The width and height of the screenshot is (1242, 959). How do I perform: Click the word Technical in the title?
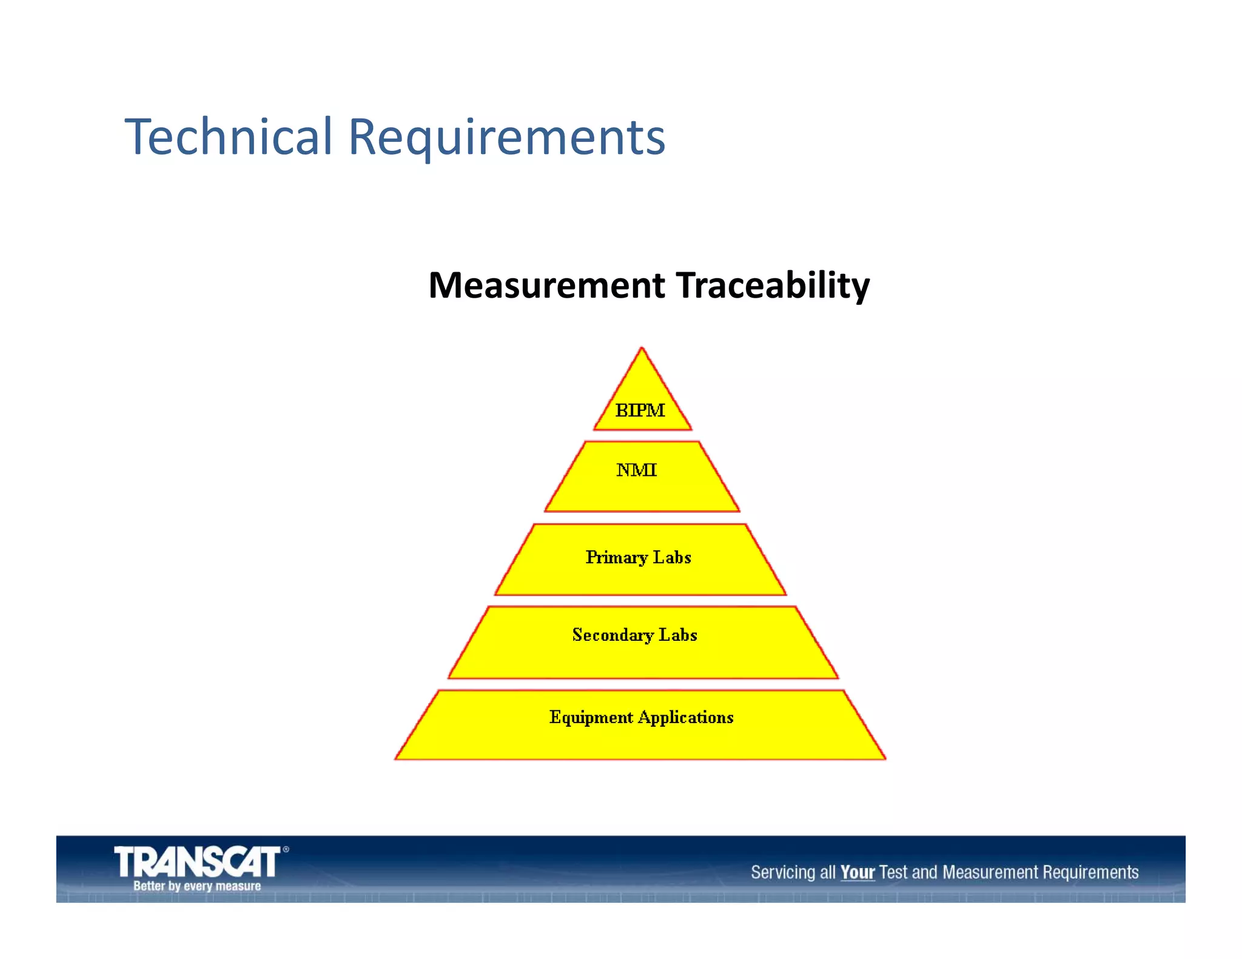point(229,136)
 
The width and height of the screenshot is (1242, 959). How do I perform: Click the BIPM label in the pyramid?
point(640,410)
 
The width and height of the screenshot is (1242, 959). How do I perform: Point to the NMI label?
point(636,470)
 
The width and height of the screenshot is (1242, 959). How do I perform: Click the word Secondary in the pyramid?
point(613,635)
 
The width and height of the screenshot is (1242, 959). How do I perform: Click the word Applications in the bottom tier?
point(685,718)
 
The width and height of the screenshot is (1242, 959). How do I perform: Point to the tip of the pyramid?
point(642,350)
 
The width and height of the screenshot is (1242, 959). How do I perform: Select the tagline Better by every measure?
point(197,886)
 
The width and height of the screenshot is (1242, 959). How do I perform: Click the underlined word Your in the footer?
point(857,872)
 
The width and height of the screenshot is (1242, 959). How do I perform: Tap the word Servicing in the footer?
point(784,872)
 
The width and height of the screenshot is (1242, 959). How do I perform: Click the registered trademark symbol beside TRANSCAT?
point(286,850)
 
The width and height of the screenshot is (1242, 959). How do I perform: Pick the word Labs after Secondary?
point(678,635)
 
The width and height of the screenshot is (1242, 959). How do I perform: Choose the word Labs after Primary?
point(672,558)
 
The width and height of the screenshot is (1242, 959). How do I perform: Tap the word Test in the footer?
point(893,872)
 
